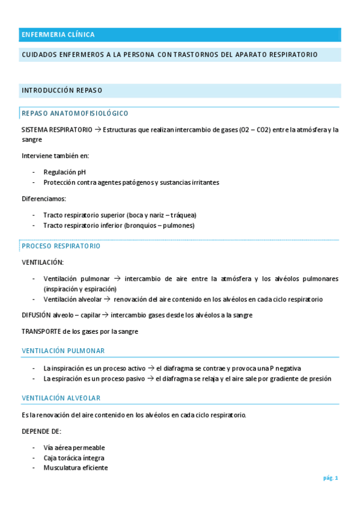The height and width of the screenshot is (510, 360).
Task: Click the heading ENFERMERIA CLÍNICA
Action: (58, 35)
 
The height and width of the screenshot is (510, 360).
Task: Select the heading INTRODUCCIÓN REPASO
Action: (62, 90)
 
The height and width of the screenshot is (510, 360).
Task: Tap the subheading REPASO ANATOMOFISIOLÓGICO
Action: (75, 113)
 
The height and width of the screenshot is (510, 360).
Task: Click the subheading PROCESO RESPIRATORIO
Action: (61, 246)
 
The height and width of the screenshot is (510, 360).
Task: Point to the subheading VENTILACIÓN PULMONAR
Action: (63, 351)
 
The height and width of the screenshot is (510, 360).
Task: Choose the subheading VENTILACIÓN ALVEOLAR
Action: (61, 398)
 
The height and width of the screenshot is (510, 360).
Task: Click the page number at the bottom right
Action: (331, 478)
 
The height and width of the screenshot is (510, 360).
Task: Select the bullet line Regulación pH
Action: (64, 171)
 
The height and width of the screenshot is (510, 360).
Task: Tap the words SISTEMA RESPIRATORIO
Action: (57, 129)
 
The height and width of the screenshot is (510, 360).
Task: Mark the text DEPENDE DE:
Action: (41, 431)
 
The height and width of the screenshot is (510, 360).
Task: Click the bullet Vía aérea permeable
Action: (74, 447)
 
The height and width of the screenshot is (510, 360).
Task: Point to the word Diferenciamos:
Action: (44, 198)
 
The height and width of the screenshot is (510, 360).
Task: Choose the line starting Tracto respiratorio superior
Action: (120, 215)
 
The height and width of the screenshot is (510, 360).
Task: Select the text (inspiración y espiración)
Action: (79, 289)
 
